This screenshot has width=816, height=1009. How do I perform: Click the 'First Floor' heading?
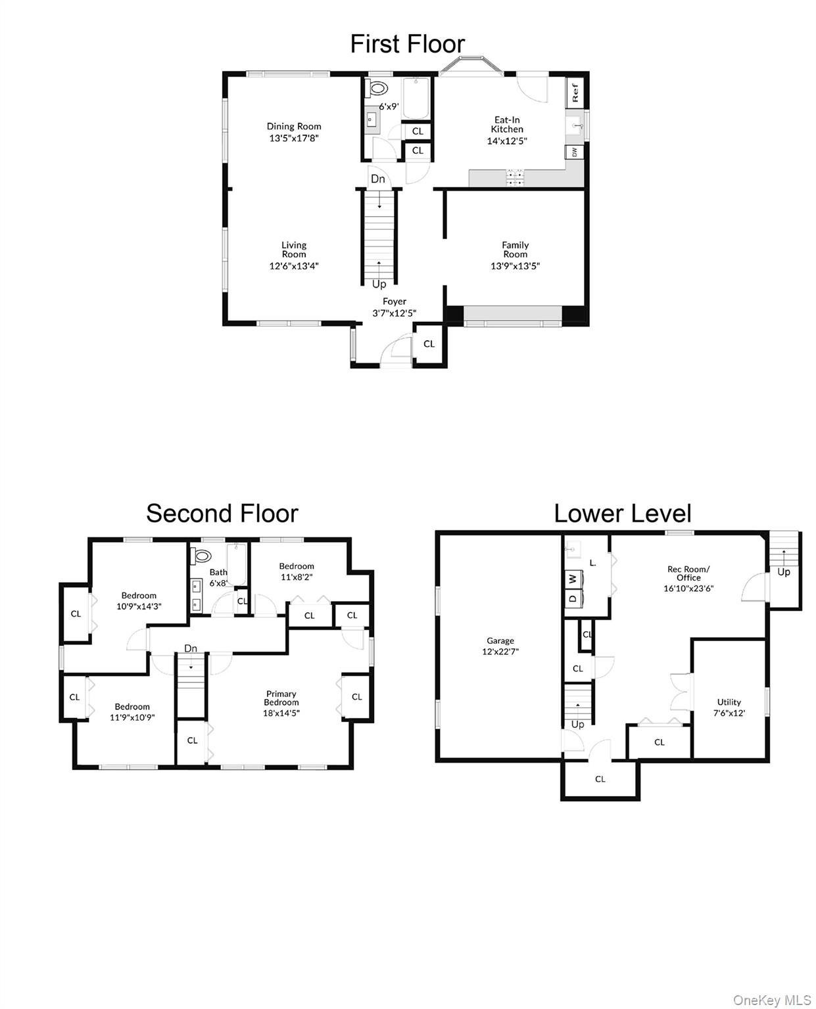(x=407, y=44)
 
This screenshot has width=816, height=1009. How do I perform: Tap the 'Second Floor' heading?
(x=222, y=513)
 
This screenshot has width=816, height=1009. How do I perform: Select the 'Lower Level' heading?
(x=622, y=513)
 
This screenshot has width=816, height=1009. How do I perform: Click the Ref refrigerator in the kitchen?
(x=575, y=93)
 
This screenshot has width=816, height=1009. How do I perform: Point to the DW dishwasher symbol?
(x=574, y=152)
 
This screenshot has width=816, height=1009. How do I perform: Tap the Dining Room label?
(x=294, y=126)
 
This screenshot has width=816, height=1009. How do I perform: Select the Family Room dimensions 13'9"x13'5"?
(x=515, y=266)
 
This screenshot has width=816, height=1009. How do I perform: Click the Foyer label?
(x=395, y=302)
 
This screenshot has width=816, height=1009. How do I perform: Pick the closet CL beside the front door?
(x=429, y=344)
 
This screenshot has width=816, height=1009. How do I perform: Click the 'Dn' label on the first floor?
(x=377, y=179)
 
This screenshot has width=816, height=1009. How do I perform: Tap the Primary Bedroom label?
(x=281, y=698)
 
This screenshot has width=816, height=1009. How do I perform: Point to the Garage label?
(x=500, y=640)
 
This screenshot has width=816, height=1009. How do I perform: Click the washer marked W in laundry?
(x=573, y=579)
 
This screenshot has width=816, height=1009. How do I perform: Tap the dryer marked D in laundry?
(x=573, y=598)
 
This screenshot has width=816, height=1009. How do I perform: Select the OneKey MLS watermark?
(x=772, y=1000)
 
